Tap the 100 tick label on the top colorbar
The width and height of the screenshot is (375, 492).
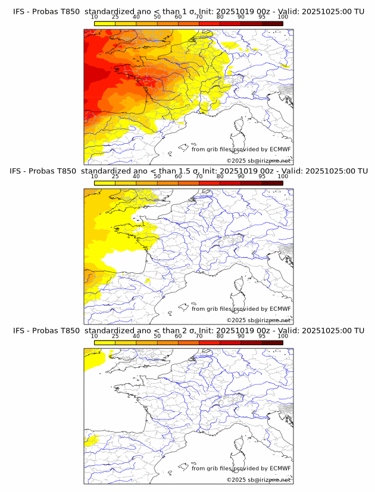coord(283,17)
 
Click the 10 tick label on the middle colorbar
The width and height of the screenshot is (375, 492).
coord(94,176)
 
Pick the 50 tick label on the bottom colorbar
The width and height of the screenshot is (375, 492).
coord(157,336)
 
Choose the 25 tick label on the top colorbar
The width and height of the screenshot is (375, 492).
coord(115,17)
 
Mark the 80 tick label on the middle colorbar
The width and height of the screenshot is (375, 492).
coord(220,176)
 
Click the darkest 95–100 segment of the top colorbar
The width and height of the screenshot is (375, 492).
coord(272,23)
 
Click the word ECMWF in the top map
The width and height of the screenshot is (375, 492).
coord(280,150)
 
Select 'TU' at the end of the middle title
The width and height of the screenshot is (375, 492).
coord(362,171)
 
